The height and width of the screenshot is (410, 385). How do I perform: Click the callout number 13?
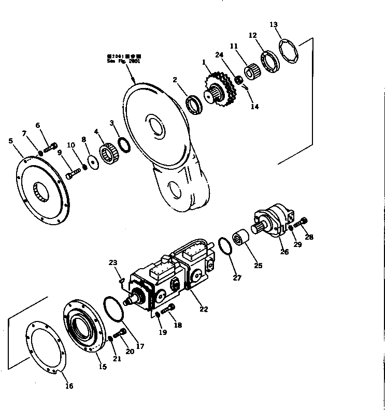[274, 25]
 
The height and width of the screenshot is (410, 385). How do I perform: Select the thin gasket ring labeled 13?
[291, 51]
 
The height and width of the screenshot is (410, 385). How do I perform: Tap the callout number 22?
[204, 309]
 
